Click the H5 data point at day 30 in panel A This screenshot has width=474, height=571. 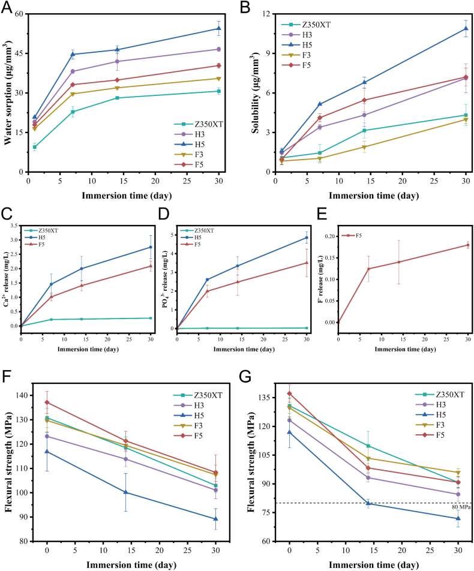(219, 28)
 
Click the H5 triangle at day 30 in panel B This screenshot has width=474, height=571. (466, 29)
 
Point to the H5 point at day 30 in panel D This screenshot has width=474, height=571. (306, 238)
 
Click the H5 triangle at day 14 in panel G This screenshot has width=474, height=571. (368, 503)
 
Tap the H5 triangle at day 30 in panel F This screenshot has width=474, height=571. (215, 519)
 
